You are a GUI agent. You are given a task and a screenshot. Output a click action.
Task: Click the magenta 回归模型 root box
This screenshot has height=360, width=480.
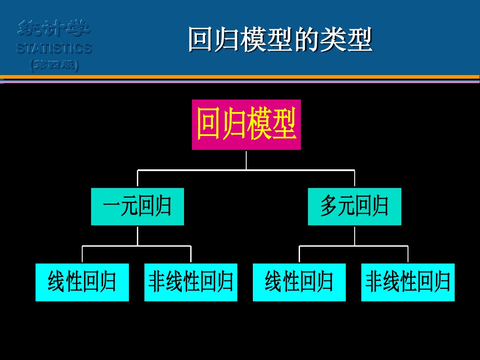pos(246,124)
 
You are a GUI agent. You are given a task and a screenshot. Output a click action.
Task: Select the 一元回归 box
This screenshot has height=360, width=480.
pos(137,207)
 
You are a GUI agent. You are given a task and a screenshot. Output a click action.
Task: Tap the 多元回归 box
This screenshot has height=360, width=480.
pos(354,207)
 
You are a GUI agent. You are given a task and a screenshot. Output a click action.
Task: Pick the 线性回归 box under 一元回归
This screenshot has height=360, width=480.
pos(82,282)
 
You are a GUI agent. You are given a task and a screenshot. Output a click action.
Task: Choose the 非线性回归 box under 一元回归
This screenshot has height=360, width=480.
pos(191,282)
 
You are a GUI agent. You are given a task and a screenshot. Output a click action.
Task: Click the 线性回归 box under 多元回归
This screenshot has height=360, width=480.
pos(299,282)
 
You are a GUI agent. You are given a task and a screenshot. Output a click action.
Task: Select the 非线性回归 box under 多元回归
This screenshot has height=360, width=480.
pos(408,282)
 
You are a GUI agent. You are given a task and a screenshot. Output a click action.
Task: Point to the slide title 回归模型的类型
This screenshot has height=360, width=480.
pos(280,40)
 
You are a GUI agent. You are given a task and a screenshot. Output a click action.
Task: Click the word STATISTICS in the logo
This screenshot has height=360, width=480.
pos(54,48)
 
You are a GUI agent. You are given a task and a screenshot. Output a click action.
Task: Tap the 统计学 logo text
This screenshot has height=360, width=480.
pos(54,29)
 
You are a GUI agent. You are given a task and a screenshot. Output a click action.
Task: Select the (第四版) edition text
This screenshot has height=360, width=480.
pos(54,65)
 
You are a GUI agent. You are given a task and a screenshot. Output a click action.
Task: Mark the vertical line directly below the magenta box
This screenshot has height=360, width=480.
pos(246,160)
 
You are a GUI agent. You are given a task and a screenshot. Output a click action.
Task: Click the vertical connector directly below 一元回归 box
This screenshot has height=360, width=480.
pos(137,235)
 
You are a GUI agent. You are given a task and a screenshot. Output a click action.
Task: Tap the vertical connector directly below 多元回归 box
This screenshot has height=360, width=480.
pos(355,235)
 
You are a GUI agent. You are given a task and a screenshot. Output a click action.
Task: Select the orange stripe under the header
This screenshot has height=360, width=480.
pos(240,77)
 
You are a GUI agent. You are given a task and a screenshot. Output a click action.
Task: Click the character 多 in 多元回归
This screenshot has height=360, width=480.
pos(329,207)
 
